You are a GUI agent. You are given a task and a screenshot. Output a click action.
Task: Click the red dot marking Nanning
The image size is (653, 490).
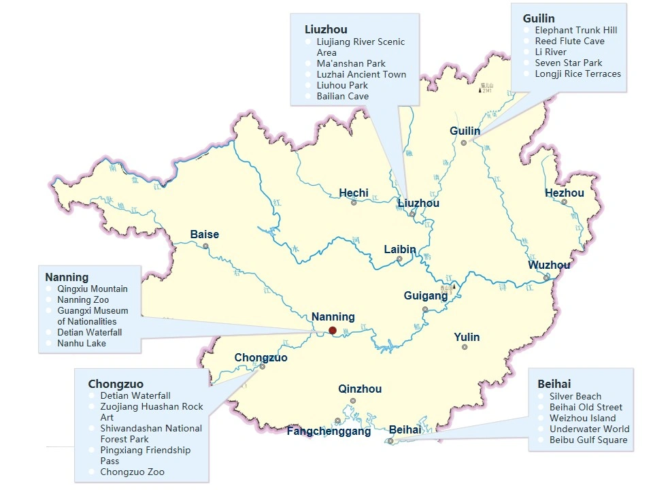(333, 331)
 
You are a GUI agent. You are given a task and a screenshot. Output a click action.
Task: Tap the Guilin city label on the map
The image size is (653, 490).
(465, 131)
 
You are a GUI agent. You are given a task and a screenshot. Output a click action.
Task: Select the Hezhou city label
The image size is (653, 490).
(564, 193)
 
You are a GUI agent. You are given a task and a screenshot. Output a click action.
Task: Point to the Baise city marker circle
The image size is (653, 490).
(205, 246)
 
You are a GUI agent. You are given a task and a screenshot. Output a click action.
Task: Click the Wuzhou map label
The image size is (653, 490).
(549, 265)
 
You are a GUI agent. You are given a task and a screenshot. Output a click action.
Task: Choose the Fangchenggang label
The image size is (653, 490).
(329, 431)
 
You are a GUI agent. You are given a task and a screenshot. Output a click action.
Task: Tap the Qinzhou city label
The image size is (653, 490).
(360, 389)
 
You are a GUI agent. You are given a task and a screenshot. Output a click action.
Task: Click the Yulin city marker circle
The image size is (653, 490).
(465, 347)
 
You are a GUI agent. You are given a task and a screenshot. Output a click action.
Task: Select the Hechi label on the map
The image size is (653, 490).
(354, 193)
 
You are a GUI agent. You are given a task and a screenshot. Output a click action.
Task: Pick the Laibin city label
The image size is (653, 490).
(399, 250)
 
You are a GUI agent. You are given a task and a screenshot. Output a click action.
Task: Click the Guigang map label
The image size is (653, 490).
(425, 296)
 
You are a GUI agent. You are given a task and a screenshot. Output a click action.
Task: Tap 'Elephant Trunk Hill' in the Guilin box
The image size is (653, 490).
(575, 31)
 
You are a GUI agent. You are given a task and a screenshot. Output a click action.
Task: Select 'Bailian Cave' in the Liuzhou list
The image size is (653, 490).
(342, 97)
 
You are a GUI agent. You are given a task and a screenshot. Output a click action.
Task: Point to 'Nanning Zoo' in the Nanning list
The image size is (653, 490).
(83, 299)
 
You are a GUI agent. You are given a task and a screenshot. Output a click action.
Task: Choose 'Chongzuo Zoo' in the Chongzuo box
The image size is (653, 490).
(132, 472)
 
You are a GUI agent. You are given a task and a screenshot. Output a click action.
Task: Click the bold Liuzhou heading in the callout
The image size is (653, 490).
(326, 29)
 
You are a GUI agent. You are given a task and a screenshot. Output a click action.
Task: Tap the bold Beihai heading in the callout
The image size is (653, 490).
(554, 383)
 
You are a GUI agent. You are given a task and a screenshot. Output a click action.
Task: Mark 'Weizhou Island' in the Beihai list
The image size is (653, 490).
(582, 418)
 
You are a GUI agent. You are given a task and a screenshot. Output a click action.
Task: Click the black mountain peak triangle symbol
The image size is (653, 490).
(480, 90)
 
